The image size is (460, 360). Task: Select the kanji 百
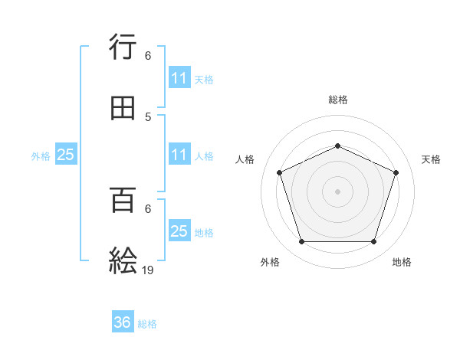(x=123, y=201)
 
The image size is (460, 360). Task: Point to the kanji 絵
(x=123, y=260)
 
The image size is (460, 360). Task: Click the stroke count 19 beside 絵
(x=148, y=269)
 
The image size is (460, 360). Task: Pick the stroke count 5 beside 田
(x=148, y=117)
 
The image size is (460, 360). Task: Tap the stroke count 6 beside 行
(x=148, y=56)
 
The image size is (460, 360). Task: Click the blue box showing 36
(x=123, y=323)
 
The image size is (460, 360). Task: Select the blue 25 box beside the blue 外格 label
(x=66, y=155)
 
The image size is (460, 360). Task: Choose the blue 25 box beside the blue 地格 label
(x=179, y=231)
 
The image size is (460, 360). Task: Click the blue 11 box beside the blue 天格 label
(x=179, y=78)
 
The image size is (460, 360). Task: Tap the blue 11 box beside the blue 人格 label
(x=179, y=155)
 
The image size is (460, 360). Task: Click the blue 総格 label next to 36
(x=147, y=324)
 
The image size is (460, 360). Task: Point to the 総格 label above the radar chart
(x=337, y=100)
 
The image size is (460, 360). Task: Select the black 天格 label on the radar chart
(x=431, y=159)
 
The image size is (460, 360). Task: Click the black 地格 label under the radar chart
(x=402, y=262)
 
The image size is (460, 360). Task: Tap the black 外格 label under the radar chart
(x=270, y=262)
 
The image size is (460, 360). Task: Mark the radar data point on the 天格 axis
(x=396, y=172)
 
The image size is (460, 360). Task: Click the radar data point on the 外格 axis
(x=301, y=242)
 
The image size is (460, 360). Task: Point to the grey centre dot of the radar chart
(x=337, y=191)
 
